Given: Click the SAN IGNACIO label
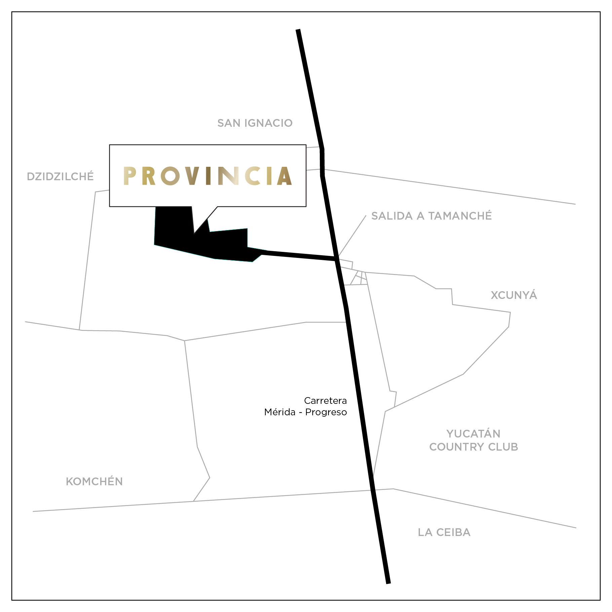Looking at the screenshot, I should (x=255, y=123).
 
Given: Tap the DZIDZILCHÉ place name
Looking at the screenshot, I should (x=60, y=176).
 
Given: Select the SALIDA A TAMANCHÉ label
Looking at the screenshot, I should (x=431, y=216).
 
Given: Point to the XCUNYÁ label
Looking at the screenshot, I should (x=514, y=295).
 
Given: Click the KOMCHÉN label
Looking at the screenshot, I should (x=94, y=482).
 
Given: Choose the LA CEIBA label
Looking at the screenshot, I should (x=444, y=532).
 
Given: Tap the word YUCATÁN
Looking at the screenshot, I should (x=473, y=434).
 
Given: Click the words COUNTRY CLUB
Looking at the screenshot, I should (x=473, y=447).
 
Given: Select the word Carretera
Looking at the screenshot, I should (x=325, y=400).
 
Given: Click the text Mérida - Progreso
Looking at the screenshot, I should (x=305, y=412).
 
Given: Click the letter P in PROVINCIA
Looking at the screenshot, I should (x=129, y=176).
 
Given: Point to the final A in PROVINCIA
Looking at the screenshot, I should (x=285, y=176).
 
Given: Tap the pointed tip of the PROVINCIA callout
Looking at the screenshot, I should (x=194, y=233).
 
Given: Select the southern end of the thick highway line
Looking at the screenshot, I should (x=388, y=582).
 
